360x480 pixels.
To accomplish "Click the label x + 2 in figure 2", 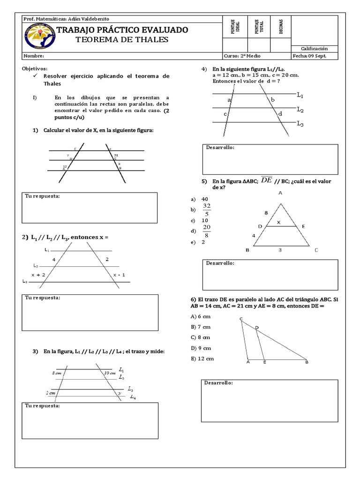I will (x=38, y=275).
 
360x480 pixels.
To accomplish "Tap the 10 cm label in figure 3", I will (x=110, y=373).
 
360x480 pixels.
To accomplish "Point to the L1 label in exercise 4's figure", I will (x=300, y=95).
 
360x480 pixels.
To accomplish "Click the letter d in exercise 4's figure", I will (x=280, y=113).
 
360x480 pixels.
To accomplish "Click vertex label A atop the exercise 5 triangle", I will (x=280, y=193).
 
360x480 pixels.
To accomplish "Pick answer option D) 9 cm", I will (x=201, y=348).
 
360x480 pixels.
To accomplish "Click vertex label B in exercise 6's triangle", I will (x=307, y=362).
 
